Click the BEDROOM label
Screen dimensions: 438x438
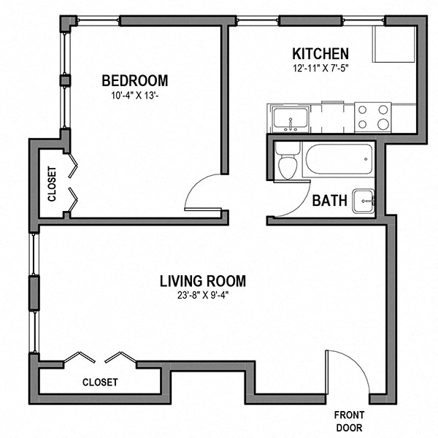[134, 80]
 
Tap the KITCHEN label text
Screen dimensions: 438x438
[320, 54]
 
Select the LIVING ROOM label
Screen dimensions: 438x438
[203, 281]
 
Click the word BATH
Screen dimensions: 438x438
[328, 201]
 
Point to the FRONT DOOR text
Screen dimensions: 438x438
[349, 421]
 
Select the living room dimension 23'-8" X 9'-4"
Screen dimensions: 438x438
[203, 296]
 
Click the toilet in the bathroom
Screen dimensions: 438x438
[288, 165]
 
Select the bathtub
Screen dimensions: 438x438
[337, 161]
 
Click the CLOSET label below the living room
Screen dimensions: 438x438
[100, 382]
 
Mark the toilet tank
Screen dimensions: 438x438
[288, 149]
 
